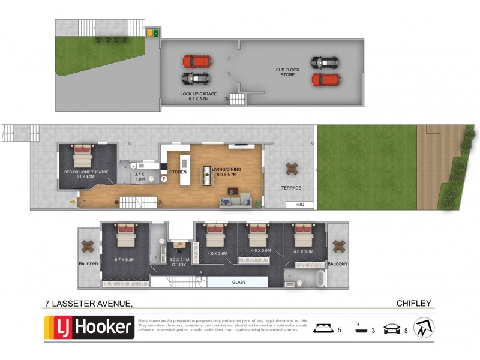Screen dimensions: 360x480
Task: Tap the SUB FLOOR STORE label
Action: [x=287, y=72]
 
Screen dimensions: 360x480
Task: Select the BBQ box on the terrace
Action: [x=301, y=205]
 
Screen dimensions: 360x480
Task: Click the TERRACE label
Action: [x=291, y=188]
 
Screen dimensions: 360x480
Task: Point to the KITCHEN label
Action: [x=178, y=172]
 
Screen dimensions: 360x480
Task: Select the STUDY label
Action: [x=179, y=264]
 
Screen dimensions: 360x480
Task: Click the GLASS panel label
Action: [x=238, y=282]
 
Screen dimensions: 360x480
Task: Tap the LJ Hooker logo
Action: [x=90, y=328]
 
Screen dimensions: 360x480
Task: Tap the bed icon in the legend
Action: [x=325, y=328]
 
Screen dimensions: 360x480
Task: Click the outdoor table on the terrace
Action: [x=292, y=169]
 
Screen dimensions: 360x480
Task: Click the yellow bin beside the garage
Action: [x=150, y=34]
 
